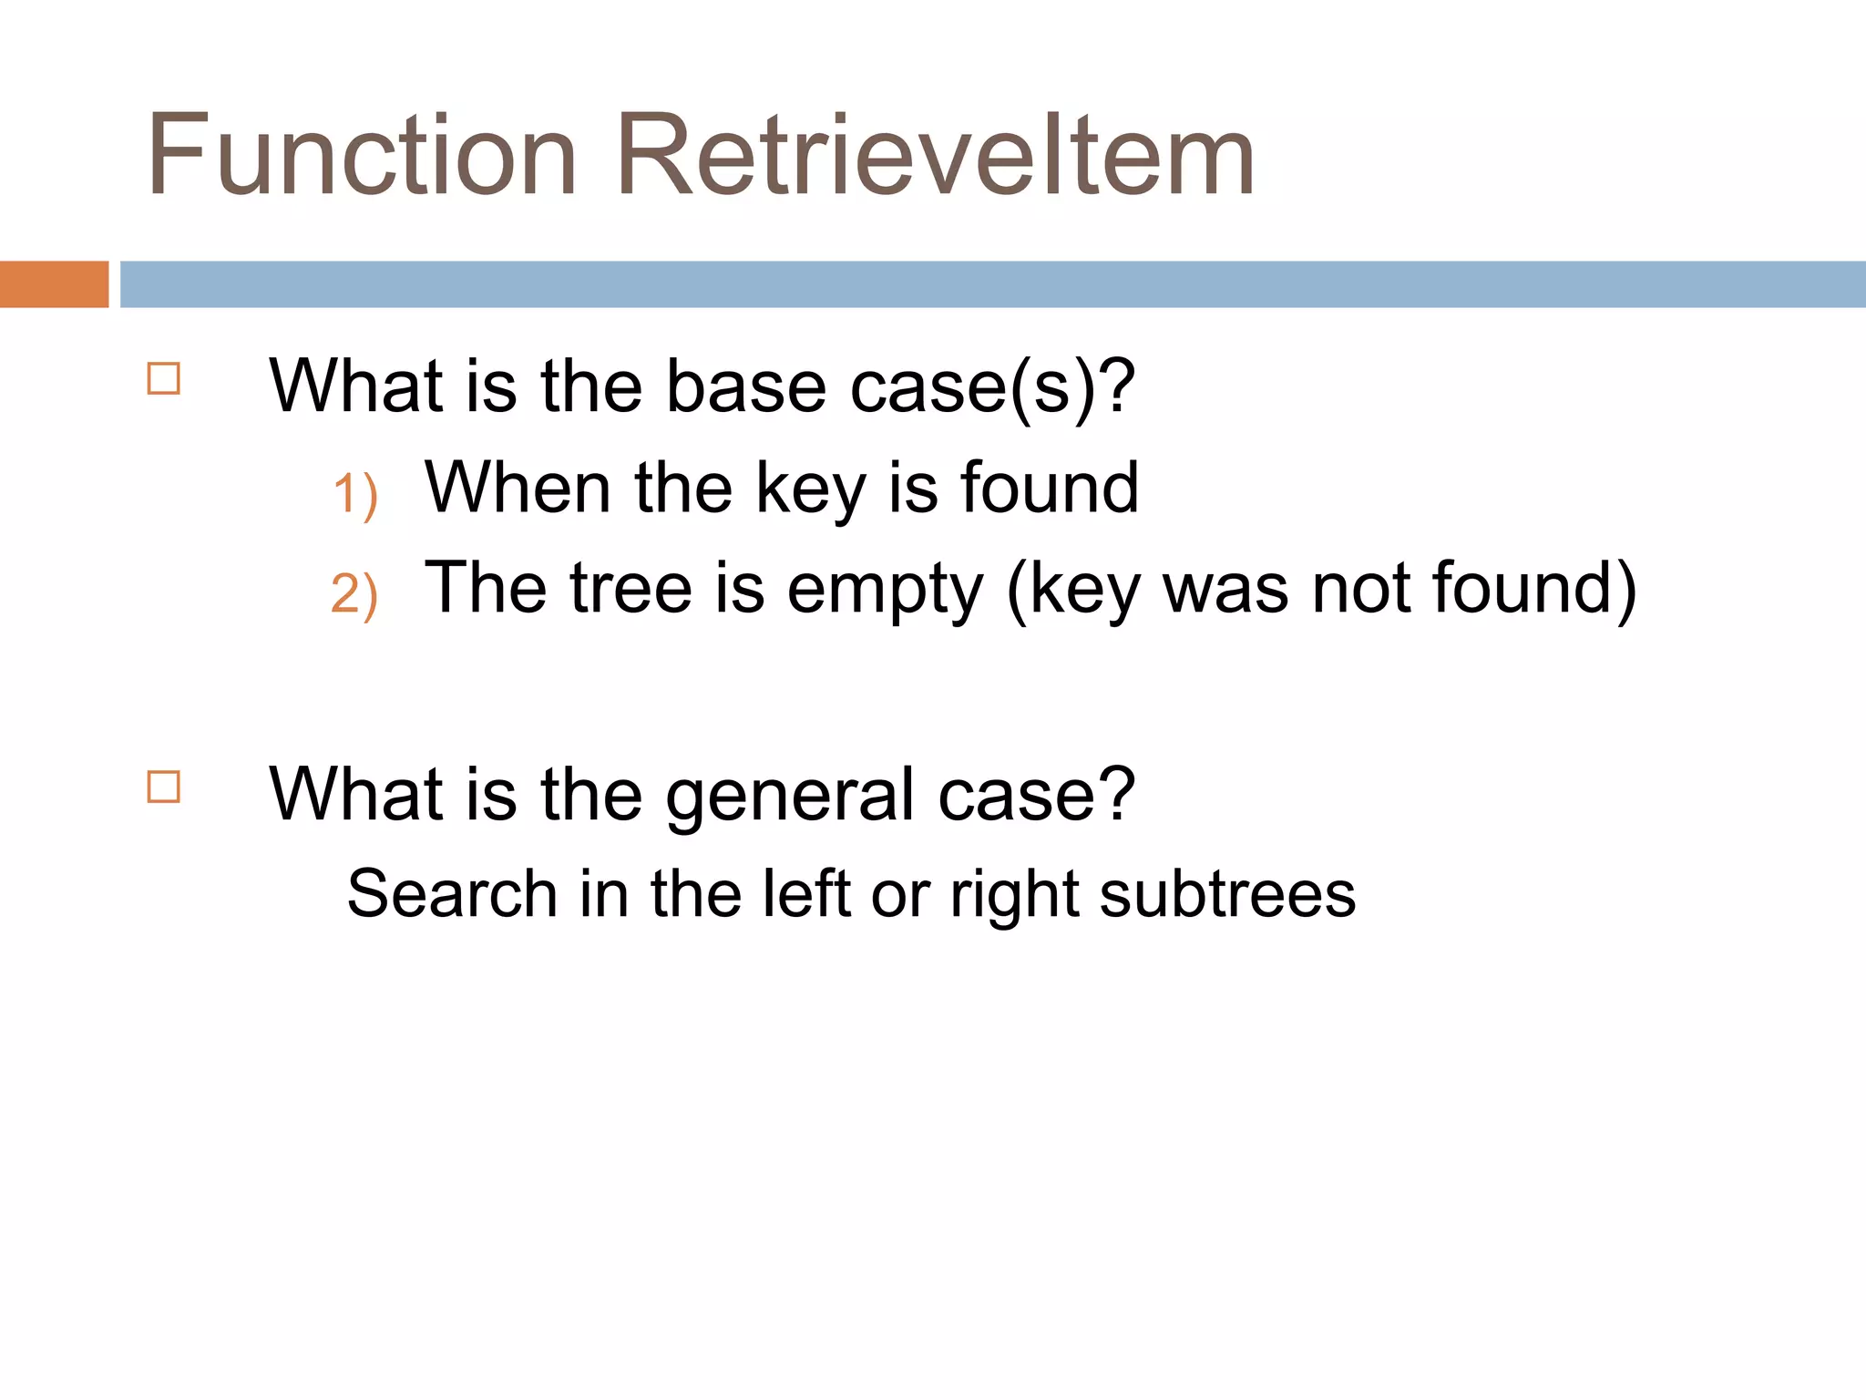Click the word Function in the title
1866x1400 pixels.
click(362, 155)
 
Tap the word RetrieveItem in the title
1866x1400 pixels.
click(936, 155)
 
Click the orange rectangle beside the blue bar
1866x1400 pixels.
click(54, 284)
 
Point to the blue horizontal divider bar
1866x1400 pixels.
click(993, 284)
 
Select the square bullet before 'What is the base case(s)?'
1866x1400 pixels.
click(164, 378)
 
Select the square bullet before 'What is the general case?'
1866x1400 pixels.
click(164, 787)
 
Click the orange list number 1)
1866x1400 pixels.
click(354, 495)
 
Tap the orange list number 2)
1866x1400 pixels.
click(354, 594)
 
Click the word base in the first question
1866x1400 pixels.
click(746, 387)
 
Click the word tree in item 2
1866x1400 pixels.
click(631, 588)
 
